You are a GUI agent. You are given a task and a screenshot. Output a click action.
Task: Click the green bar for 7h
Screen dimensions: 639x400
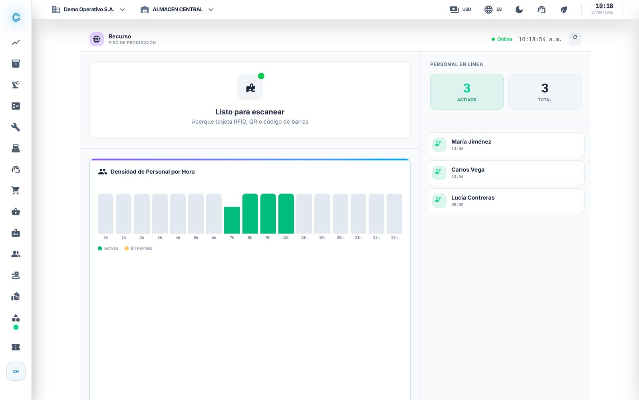[x=232, y=220]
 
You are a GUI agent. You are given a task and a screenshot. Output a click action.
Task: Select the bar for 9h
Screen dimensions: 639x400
[x=268, y=214]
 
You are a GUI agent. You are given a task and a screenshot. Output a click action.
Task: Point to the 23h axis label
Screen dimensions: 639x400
[x=394, y=238]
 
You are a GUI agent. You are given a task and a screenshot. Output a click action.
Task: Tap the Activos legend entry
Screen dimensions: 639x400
[x=108, y=248]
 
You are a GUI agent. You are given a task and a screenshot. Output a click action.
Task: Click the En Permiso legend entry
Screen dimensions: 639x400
[x=138, y=248]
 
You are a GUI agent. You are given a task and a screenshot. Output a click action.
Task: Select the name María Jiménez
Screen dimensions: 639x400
[x=471, y=142]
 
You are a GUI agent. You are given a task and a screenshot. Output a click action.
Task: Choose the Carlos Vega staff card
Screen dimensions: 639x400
[x=506, y=172]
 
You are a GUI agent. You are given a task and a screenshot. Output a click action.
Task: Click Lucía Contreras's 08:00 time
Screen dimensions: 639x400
[x=457, y=204]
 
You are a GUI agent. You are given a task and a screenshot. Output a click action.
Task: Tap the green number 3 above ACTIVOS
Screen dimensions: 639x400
[x=466, y=88]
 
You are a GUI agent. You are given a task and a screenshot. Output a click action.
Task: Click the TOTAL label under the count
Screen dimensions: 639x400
[x=544, y=100]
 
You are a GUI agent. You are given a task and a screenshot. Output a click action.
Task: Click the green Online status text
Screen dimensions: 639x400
[x=504, y=39]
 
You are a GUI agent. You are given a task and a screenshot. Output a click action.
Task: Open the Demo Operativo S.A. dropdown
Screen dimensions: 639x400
[x=88, y=10]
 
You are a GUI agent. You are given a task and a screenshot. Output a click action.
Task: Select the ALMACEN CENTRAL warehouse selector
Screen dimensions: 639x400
[x=177, y=10]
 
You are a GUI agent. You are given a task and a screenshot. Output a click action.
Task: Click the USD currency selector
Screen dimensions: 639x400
[x=460, y=10]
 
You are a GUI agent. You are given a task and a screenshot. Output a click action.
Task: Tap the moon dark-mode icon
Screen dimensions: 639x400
[x=519, y=10]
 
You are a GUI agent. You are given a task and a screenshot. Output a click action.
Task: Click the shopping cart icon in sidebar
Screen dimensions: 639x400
[x=16, y=190]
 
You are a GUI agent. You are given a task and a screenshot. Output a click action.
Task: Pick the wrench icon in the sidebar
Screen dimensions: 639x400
[x=16, y=127]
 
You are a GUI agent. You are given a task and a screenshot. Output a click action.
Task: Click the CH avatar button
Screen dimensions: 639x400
[x=16, y=371]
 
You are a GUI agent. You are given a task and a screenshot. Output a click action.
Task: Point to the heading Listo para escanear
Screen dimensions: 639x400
[x=250, y=112]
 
